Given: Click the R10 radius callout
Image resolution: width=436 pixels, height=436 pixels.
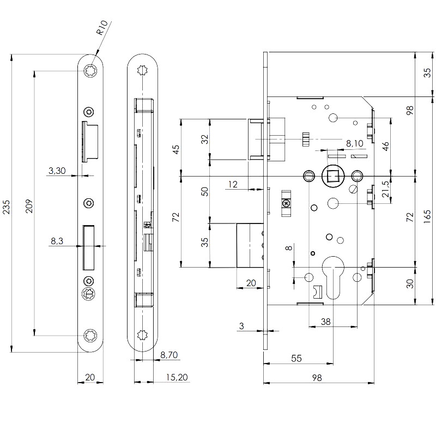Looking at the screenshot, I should (104, 28).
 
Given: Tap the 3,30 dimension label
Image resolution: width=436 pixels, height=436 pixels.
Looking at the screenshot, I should (57, 171).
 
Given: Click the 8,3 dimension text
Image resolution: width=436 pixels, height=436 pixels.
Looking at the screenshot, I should (57, 240).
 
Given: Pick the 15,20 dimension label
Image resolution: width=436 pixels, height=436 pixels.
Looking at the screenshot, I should (178, 377).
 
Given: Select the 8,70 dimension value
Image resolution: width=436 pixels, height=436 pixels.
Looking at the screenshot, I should (169, 355).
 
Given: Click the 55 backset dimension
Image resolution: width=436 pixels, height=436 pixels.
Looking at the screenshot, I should (297, 358).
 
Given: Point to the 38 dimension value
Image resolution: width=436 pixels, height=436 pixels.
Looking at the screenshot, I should (325, 322).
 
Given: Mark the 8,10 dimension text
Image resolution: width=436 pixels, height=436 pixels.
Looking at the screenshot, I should (354, 143).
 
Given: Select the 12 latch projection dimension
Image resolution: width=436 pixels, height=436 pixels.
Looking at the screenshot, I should (233, 185).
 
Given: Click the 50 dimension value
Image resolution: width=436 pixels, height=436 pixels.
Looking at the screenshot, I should (205, 191).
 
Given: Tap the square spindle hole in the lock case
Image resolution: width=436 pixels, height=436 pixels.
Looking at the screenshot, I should (331, 175).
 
